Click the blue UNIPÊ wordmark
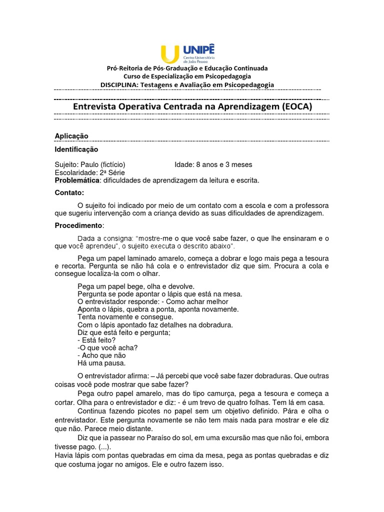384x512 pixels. coord(198,49)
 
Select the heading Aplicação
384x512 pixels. coord(71,136)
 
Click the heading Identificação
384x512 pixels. coord(76,149)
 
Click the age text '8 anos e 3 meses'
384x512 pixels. coord(221,164)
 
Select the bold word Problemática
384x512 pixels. coord(77,180)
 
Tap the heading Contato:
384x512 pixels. coord(69,192)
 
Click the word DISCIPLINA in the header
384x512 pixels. coord(119,85)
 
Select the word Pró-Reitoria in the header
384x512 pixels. coord(125,68)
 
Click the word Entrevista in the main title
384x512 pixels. coord(97,106)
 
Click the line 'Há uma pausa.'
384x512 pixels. coord(101,363)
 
